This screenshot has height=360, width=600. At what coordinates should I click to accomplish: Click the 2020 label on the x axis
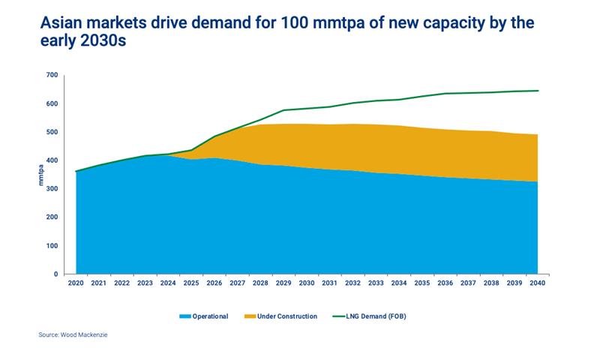pos(76,283)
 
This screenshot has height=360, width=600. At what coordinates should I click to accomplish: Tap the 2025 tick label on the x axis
pos(191,283)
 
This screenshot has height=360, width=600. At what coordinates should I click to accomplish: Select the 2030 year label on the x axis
pos(307,283)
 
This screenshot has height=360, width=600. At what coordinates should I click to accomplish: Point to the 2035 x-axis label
pos(422,283)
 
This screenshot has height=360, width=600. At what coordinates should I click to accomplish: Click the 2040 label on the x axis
pos(538,283)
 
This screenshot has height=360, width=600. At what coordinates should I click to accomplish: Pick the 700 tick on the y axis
pos(51,75)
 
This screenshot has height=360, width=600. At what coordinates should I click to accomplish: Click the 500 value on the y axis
pos(51,132)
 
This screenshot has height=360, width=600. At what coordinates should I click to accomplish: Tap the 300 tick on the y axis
pos(51,189)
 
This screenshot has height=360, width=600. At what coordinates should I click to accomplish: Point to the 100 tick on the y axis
pos(51,246)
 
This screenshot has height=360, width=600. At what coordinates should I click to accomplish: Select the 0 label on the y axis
pos(55,274)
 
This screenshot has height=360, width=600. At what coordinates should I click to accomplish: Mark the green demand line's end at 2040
pos(538,91)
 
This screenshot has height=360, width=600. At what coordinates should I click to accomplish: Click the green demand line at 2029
pos(283,110)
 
